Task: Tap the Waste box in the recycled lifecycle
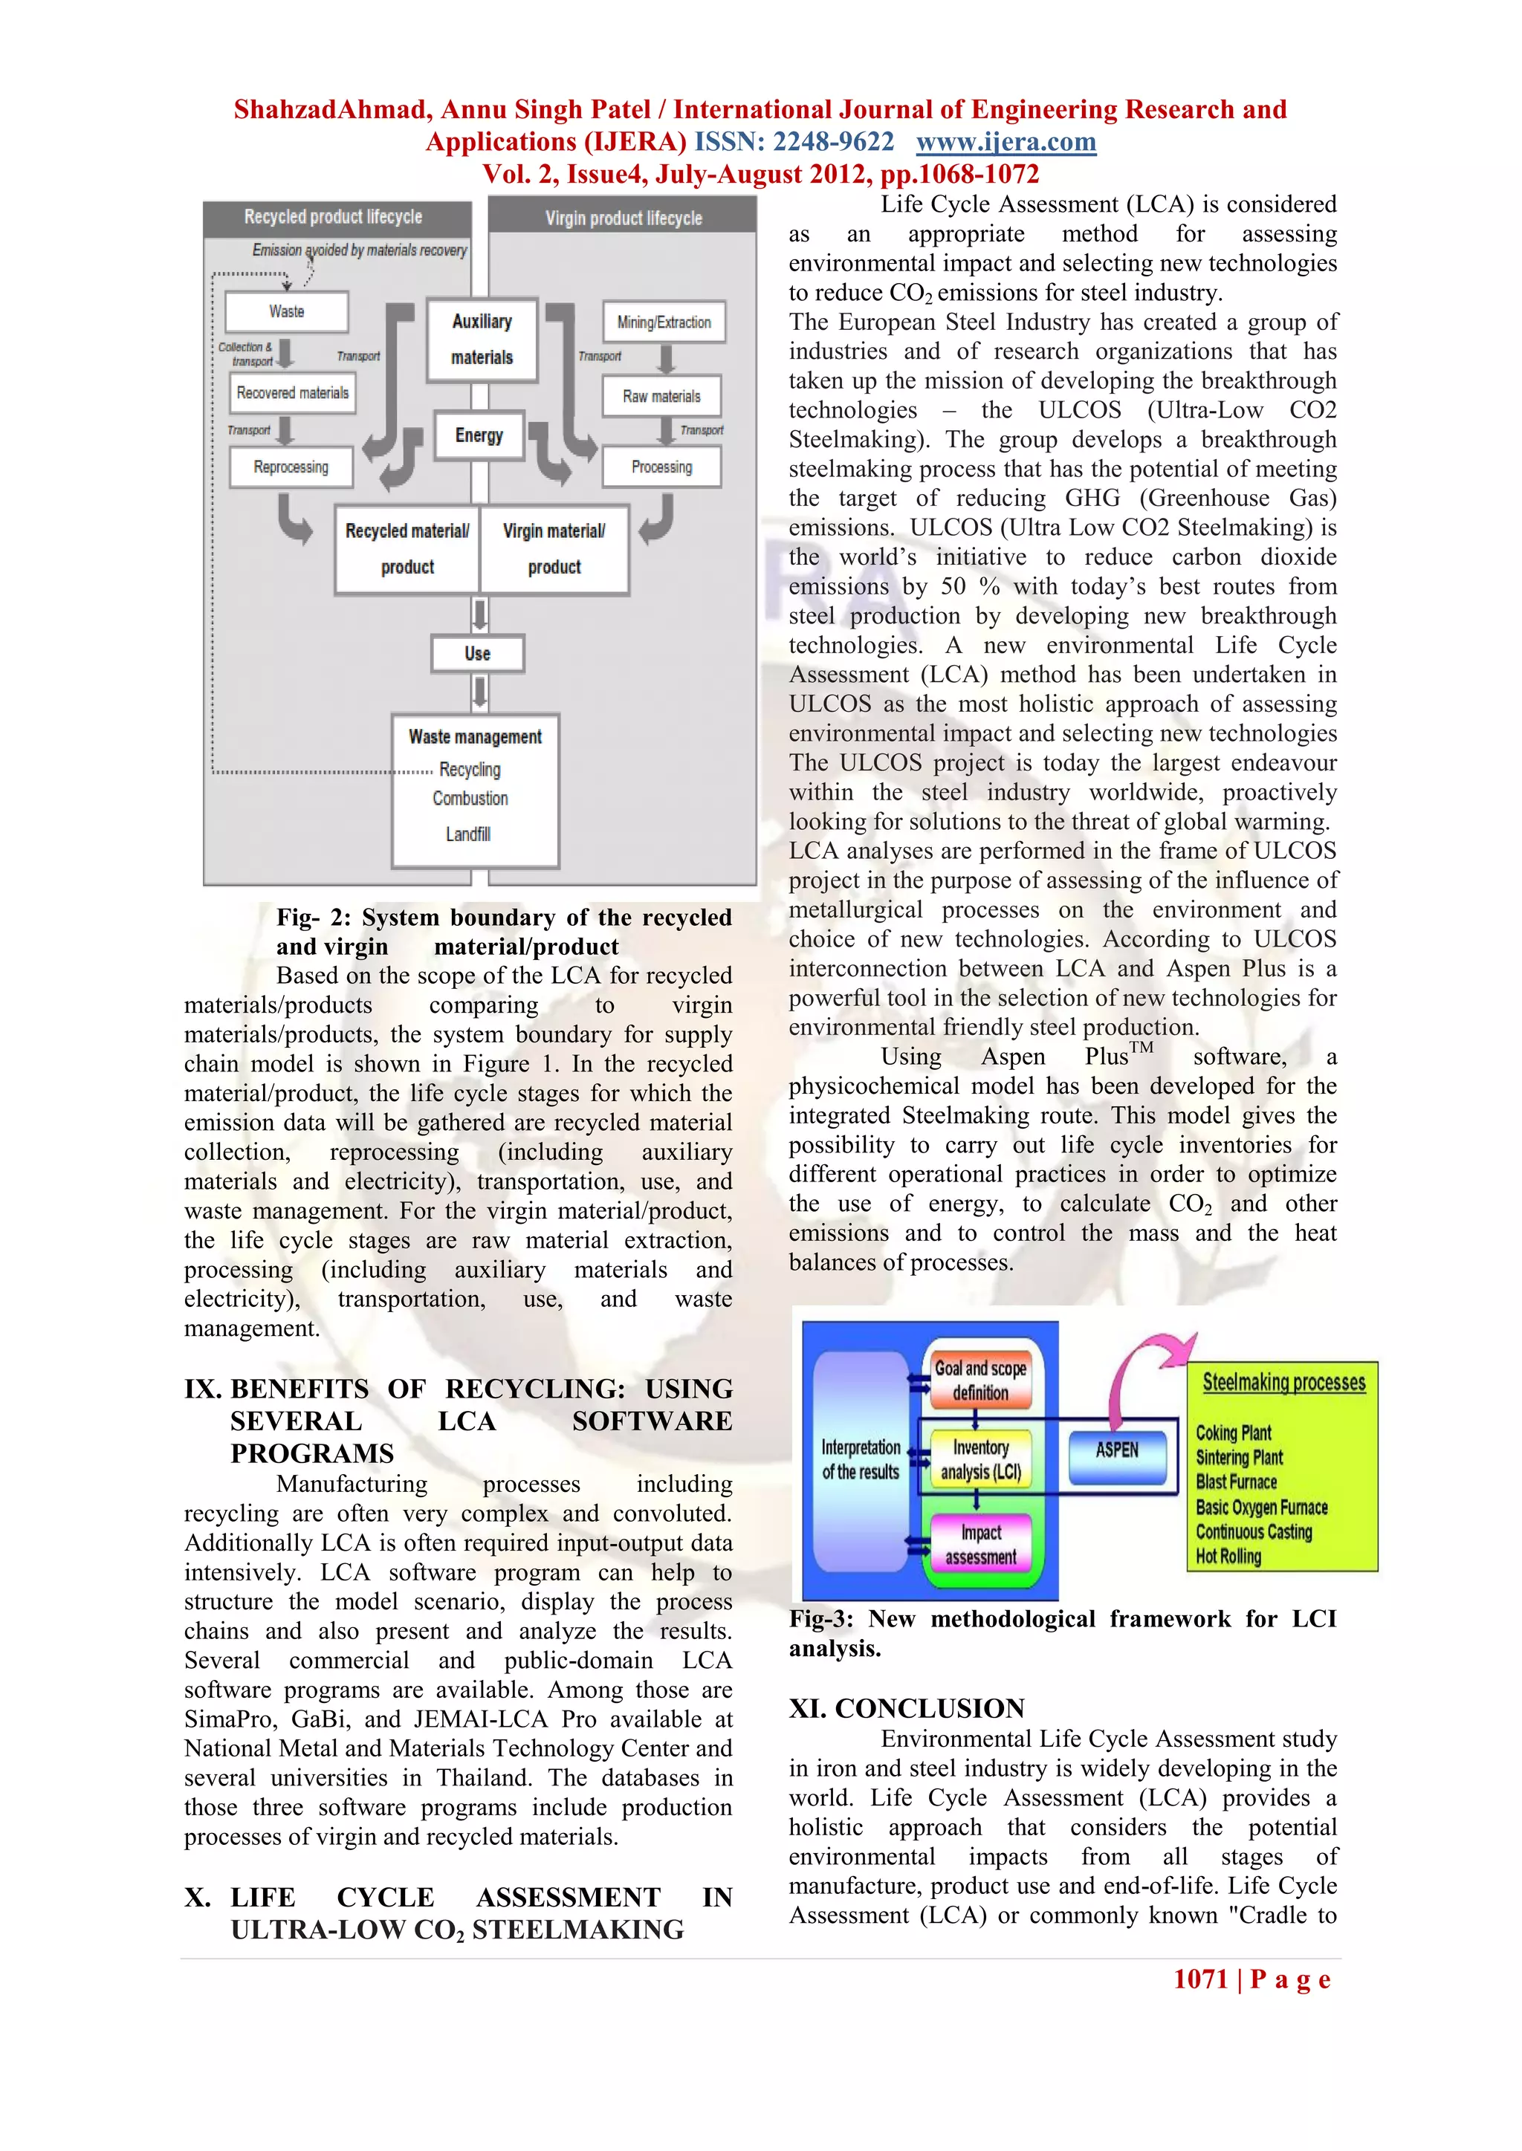tap(287, 312)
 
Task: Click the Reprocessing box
tap(291, 467)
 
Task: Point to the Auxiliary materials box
tap(482, 339)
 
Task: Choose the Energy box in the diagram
tap(479, 435)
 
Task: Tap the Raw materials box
tap(661, 396)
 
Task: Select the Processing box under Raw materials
tap(661, 467)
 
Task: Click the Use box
tap(477, 654)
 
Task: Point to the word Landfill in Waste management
tap(467, 834)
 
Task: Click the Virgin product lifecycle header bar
tap(624, 218)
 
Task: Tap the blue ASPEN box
tap(1117, 1450)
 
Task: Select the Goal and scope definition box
tap(980, 1380)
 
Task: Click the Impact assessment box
tap(980, 1545)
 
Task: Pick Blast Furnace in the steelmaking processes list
tap(1236, 1482)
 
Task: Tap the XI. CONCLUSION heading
tap(906, 1708)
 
